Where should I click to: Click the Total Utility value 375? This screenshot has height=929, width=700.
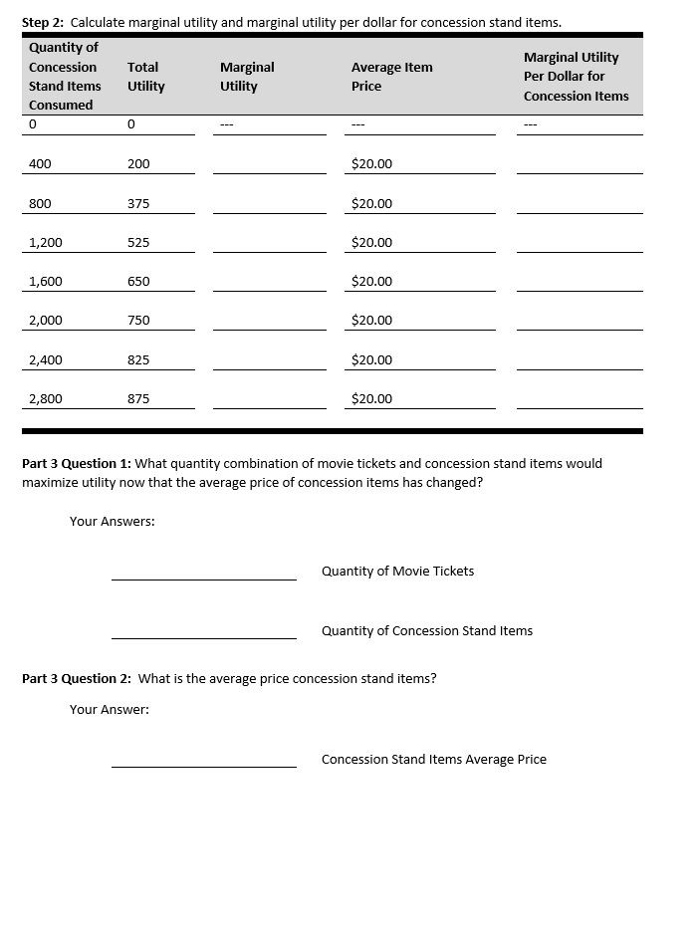click(x=138, y=203)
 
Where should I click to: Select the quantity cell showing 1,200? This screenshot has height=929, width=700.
click(x=46, y=242)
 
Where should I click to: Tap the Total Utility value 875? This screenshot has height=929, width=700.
click(x=138, y=398)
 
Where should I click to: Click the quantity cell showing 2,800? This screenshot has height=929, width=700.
click(x=46, y=398)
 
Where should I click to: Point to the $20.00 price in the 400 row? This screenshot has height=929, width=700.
click(x=371, y=163)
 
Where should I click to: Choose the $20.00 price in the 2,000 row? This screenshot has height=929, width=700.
click(x=371, y=320)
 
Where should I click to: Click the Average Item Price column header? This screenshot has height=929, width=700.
click(x=391, y=77)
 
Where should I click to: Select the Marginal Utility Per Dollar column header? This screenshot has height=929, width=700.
click(x=576, y=77)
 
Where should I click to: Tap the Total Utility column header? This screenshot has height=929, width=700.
click(x=146, y=77)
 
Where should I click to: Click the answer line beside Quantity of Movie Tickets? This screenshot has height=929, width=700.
click(x=203, y=572)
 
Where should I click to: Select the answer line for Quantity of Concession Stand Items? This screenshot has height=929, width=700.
click(x=203, y=631)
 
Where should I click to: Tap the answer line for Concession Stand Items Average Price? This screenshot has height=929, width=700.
click(x=203, y=760)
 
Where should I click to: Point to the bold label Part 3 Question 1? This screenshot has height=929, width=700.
click(x=77, y=463)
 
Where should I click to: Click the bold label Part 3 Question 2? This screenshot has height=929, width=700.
click(x=77, y=678)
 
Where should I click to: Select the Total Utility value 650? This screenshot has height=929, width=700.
click(x=138, y=281)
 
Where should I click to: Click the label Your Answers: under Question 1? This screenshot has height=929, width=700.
click(x=112, y=521)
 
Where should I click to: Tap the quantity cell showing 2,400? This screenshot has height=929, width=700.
click(x=46, y=359)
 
